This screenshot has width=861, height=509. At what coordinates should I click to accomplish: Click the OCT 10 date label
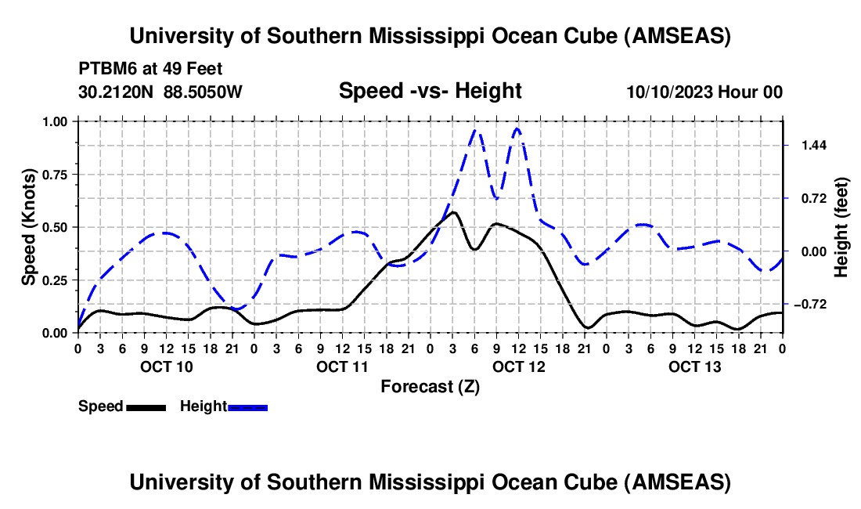click(165, 366)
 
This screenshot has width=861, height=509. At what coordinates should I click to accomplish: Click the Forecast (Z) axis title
click(430, 386)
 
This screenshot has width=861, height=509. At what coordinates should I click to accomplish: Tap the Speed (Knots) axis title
click(29, 227)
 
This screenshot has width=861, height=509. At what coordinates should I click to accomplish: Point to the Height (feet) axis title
click(841, 227)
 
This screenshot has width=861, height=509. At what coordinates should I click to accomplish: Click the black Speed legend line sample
click(146, 406)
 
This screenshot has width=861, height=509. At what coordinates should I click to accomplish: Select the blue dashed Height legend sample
click(247, 406)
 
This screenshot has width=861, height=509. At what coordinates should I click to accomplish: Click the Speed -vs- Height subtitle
click(430, 91)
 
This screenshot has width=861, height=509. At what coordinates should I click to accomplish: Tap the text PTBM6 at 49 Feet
click(150, 67)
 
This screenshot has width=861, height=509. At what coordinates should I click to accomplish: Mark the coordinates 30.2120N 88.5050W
click(160, 92)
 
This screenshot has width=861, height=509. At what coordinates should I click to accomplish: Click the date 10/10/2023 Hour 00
click(704, 92)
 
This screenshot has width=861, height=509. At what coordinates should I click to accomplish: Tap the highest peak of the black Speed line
click(453, 212)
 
